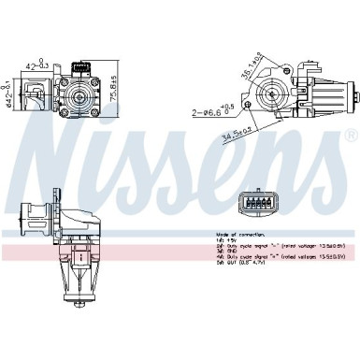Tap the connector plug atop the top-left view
pyautogui.click(x=80, y=65)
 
